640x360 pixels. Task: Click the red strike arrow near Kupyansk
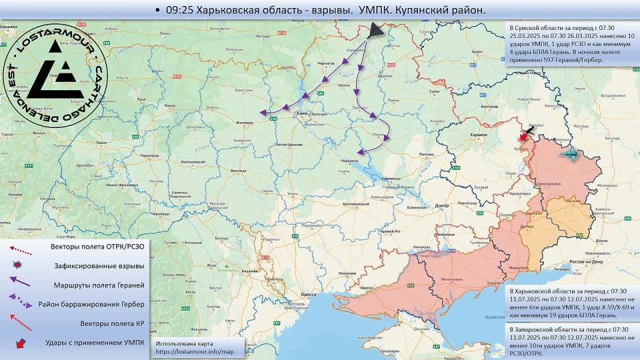524,135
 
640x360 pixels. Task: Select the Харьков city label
479,134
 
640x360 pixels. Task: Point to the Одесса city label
308,293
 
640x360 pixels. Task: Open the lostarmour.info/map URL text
195,351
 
